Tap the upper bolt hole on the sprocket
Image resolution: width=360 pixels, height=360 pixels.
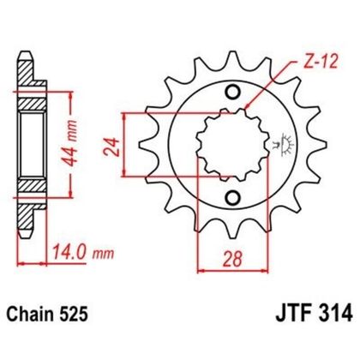pos(231,93)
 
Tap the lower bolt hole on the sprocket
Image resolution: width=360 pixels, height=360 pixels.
pos(231,199)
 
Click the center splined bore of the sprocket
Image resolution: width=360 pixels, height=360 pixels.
pos(230,146)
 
